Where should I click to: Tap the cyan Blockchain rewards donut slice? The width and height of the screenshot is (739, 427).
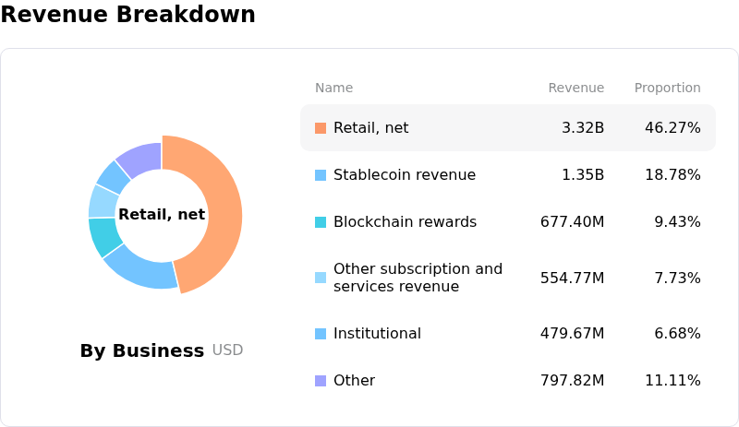(104, 236)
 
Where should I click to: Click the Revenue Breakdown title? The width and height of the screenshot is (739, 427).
(128, 14)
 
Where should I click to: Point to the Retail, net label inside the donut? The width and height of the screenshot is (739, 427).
(162, 215)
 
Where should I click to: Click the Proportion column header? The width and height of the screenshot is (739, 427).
(667, 88)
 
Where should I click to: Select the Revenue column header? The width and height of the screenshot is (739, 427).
(575, 88)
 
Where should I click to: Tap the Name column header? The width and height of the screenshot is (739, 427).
(333, 88)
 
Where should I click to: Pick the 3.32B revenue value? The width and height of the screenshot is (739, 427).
(583, 127)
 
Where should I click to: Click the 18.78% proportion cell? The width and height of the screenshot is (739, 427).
(672, 174)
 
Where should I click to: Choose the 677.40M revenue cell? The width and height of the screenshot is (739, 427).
(572, 221)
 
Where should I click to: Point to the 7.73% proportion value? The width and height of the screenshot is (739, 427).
(677, 278)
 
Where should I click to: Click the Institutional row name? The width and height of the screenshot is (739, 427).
(377, 333)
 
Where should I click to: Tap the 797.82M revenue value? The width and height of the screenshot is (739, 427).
(572, 380)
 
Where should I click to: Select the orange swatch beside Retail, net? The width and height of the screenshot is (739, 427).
(321, 128)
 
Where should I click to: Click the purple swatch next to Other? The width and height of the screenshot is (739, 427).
(321, 381)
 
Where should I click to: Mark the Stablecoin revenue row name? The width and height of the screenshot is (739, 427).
(405, 174)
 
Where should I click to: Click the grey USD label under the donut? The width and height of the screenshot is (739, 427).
(227, 350)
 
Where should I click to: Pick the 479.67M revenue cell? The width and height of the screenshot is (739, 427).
(572, 333)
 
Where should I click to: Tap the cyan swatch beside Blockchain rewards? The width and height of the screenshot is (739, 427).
(321, 222)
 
